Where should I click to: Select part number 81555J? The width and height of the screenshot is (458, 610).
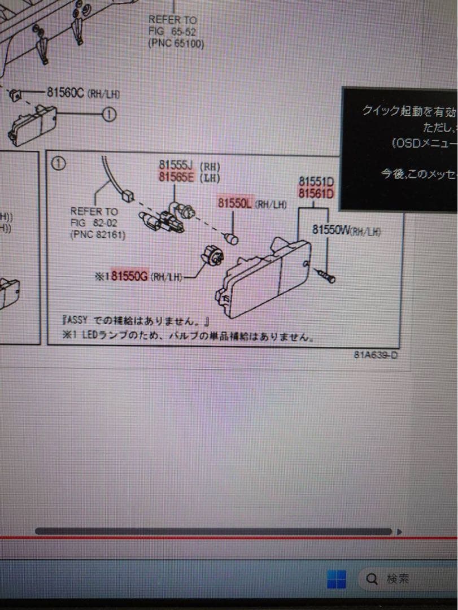pos(176,166)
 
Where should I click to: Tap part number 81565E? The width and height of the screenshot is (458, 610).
pos(176,178)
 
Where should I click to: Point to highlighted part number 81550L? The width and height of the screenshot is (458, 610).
pos(234,203)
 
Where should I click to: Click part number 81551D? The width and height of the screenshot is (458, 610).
pos(316,182)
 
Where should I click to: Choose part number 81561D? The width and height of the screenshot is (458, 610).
pos(316,194)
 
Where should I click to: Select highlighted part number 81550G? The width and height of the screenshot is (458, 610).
pos(130,276)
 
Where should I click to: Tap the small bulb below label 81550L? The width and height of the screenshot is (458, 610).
pos(232,239)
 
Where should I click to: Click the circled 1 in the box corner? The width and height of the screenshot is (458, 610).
pos(59,164)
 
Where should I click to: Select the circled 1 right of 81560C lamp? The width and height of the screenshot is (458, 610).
pos(109,115)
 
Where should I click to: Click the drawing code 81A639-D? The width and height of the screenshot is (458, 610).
pos(376,355)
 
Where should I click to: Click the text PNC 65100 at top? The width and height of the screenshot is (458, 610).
pos(176,43)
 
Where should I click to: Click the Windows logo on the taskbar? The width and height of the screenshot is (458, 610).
pos(337,578)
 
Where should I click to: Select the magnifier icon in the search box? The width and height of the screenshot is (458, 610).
pos(372,578)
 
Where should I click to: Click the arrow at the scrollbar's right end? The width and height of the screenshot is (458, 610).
pos(399,531)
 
